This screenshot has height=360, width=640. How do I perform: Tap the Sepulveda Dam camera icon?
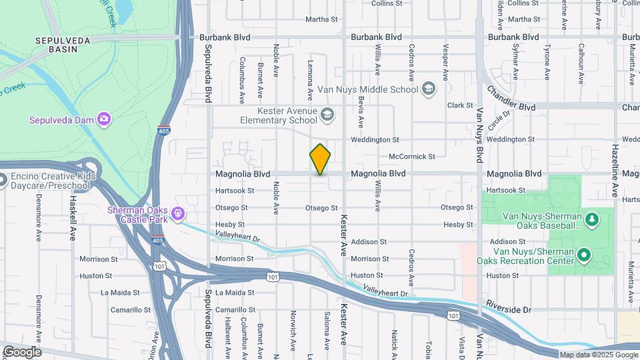[x=103, y=119]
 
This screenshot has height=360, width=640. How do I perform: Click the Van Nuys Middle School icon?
[x=429, y=89]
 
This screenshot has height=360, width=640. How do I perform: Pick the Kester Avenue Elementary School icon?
[x=327, y=115]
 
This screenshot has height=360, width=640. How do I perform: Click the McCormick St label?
[x=411, y=157]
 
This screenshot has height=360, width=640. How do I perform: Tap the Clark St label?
[x=460, y=105]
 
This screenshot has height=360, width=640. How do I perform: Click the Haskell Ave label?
[x=73, y=209]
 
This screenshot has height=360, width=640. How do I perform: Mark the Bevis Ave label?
[x=361, y=111]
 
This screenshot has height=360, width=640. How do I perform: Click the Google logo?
[x=21, y=352]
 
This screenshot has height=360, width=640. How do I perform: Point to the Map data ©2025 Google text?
[x=598, y=355]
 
